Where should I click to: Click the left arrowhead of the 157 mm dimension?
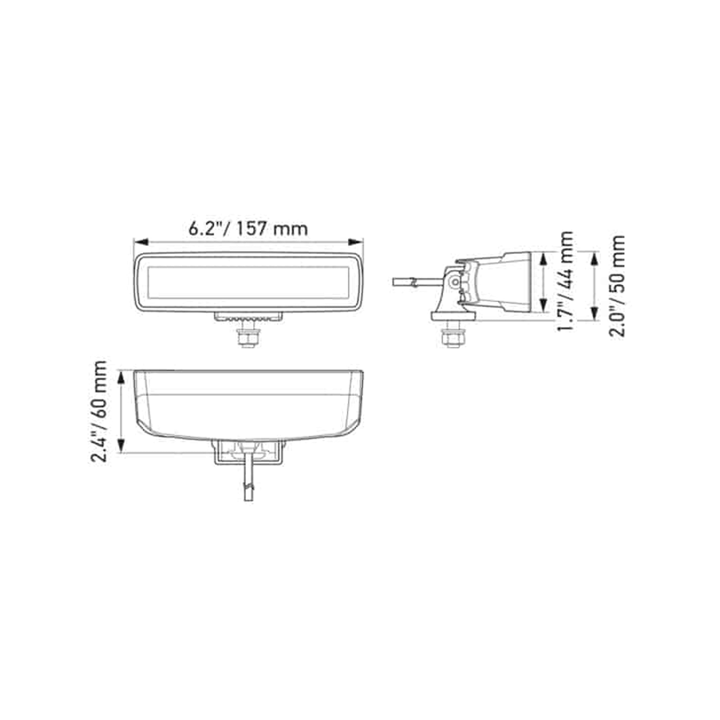[x=142, y=242]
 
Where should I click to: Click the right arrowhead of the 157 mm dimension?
[x=356, y=242]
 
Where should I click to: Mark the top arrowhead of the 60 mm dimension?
[x=121, y=378]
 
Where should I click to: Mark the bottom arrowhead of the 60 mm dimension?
[x=121, y=445]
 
